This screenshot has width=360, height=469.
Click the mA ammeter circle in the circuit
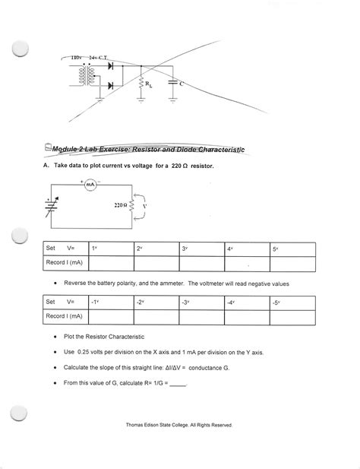point(90,185)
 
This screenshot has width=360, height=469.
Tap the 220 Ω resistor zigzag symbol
point(131,205)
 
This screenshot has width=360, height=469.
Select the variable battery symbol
point(52,206)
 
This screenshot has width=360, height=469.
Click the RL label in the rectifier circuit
point(149,84)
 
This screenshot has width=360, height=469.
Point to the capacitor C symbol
point(172,82)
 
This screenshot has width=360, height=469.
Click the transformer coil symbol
point(87,76)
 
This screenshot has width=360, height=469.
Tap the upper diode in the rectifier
point(111,65)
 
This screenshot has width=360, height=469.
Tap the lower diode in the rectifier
point(111,86)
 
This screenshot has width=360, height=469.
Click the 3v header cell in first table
point(202,249)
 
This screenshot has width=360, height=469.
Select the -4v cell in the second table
point(247,303)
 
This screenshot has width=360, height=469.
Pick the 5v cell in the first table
point(292,249)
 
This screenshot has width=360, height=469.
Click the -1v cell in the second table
point(111,303)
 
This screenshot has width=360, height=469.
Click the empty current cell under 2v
point(156,264)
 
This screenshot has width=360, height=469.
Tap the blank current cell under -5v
point(292,317)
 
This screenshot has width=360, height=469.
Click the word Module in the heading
point(62,149)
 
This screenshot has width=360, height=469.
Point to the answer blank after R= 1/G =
point(178,385)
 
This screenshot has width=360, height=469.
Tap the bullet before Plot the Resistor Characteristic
point(55,337)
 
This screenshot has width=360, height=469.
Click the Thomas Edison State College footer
point(179,425)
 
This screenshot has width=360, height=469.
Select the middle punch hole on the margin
point(20,236)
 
